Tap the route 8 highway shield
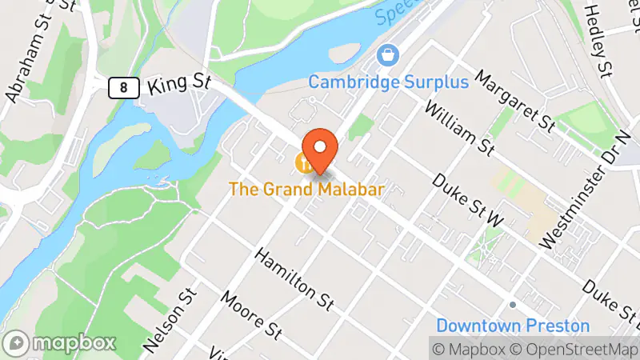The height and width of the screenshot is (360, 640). tap(121, 86)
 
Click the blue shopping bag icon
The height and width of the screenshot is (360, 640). tap(388, 56)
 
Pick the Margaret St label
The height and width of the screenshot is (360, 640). tap(514, 102)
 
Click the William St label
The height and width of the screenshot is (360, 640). tap(459, 128)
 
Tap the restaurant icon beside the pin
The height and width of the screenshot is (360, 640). tap(305, 164)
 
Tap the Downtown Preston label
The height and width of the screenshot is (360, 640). tap(512, 326)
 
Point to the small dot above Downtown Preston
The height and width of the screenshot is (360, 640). tap(512, 305)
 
